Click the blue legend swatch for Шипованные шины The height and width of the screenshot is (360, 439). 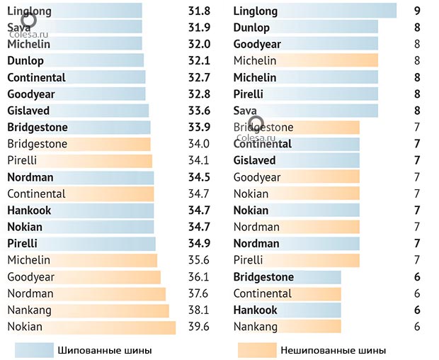coord(35,350)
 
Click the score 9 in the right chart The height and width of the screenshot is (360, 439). coord(417,11)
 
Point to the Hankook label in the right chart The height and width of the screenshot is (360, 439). coord(256,310)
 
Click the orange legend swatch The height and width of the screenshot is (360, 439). coord(256,350)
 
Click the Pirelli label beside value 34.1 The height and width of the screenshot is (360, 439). coord(22,160)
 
